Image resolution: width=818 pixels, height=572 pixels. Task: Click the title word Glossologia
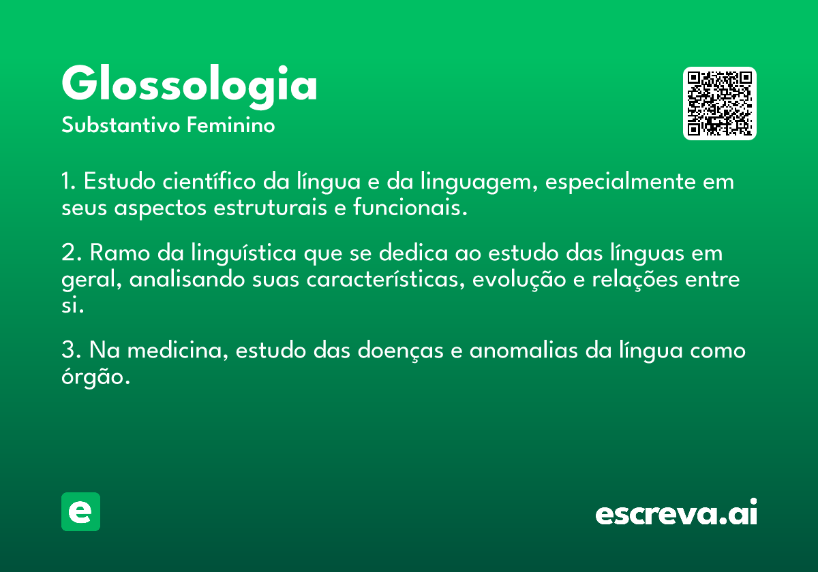pos(190,86)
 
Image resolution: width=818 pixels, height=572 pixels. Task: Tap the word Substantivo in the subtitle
pos(121,125)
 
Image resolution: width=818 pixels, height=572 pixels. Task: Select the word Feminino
pos(231,125)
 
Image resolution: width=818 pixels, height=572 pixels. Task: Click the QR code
pos(719,104)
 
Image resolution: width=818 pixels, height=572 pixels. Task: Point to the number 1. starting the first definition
pos(69,181)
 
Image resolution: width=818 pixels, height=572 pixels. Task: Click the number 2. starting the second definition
pos(72,253)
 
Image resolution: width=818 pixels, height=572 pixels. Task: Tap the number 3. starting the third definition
pos(72,349)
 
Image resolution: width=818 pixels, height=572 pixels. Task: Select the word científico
pos(209,181)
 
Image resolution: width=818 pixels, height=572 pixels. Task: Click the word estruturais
pos(270,208)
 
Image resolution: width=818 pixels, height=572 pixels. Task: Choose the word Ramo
pos(120,253)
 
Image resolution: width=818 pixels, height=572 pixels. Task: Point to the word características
pos(386,279)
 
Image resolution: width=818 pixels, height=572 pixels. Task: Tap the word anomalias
pos(524,349)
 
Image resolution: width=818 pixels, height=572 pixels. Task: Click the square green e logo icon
pos(80,511)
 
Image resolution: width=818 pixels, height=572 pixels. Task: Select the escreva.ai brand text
pos(676,512)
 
